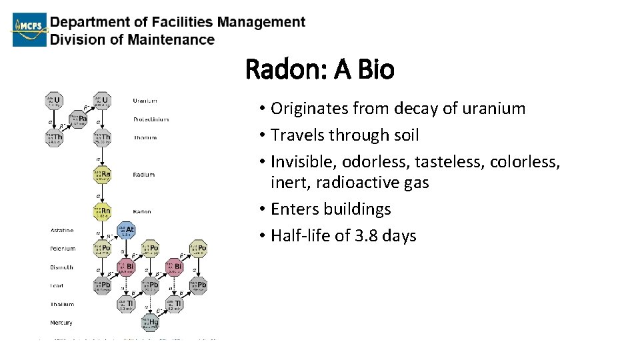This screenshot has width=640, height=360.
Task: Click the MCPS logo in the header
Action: tap(30, 29)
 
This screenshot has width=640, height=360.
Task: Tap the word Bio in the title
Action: tap(373, 69)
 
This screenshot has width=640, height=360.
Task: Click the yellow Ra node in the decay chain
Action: tap(102, 175)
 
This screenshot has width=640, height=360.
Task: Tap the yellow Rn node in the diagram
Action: tap(102, 211)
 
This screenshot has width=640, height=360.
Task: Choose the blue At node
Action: tap(126, 230)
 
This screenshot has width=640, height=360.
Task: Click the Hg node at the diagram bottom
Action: tap(151, 323)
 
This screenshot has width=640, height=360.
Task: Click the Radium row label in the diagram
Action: tap(143, 175)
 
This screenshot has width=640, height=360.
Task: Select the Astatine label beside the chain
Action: tap(61, 230)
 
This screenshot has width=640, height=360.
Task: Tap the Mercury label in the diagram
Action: tap(62, 323)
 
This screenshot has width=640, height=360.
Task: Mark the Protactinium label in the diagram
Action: tap(151, 119)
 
